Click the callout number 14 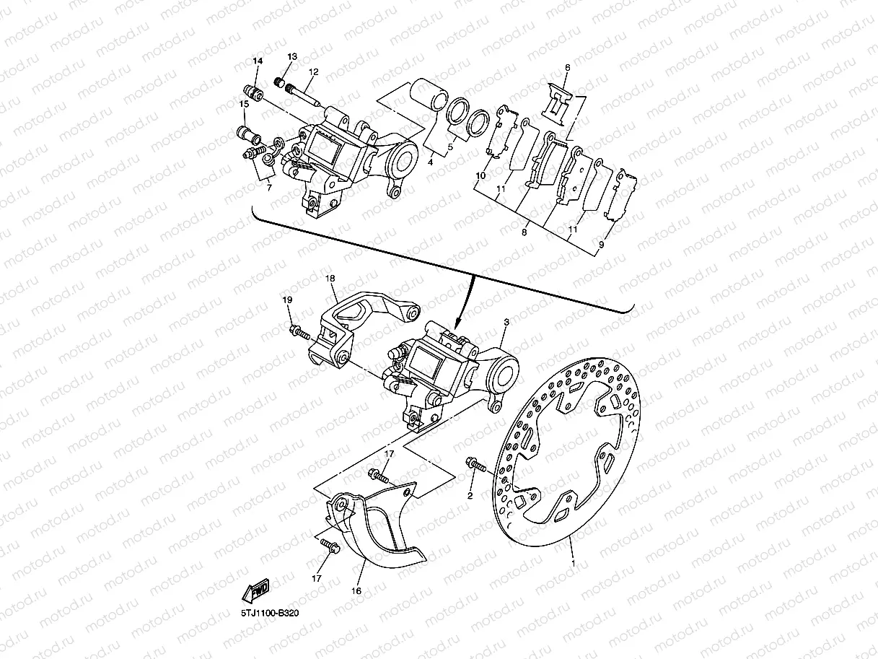[x=257, y=62]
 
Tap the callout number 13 [x=291, y=56]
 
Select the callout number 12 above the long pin [x=313, y=72]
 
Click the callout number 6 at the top [x=567, y=68]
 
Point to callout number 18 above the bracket [x=330, y=278]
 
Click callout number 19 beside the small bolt [x=286, y=300]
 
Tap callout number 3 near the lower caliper [x=506, y=322]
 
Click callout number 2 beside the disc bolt [x=470, y=496]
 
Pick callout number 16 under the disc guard [x=356, y=590]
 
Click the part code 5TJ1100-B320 [x=270, y=613]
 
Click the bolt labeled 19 [x=298, y=332]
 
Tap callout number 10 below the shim [x=480, y=176]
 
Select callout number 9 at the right [x=601, y=245]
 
